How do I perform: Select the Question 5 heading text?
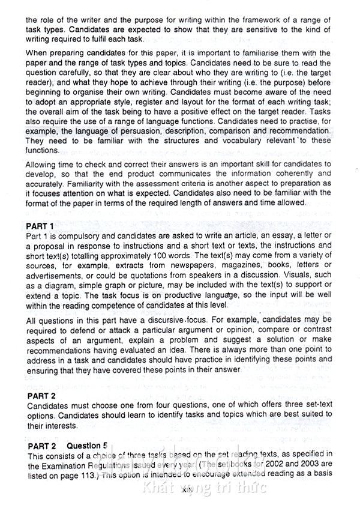point(87,446)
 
